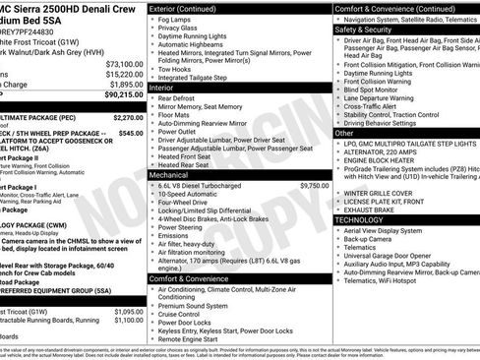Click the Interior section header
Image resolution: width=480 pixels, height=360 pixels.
click(164, 87)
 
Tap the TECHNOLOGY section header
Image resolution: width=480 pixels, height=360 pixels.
click(365, 220)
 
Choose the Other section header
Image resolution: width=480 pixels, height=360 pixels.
click(345, 133)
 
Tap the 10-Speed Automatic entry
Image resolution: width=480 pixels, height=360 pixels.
click(195, 194)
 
